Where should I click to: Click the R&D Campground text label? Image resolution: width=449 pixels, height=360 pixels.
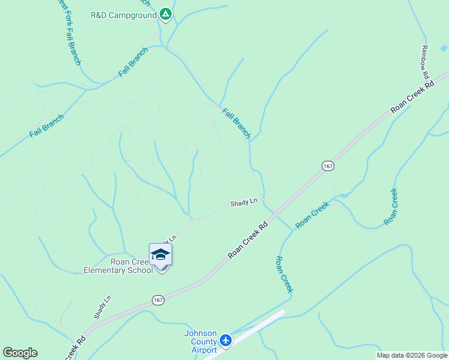(x=124, y=14)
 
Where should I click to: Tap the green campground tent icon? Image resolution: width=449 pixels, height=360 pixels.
(x=166, y=14)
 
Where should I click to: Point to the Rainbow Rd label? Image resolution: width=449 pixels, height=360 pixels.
(x=424, y=62)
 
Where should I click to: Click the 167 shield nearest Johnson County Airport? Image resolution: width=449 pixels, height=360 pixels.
(x=158, y=299)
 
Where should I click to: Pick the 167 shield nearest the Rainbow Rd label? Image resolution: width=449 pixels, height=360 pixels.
(x=327, y=166)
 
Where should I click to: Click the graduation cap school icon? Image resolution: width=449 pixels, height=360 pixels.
(x=160, y=255)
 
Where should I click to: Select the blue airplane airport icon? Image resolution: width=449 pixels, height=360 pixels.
(x=226, y=341)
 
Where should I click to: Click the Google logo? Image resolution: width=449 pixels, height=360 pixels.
(x=20, y=353)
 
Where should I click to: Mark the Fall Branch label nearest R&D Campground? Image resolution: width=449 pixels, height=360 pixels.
(x=133, y=62)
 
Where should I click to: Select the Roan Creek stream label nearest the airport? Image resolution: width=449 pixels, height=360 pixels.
(x=283, y=274)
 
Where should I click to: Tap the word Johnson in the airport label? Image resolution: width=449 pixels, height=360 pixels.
(x=200, y=334)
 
